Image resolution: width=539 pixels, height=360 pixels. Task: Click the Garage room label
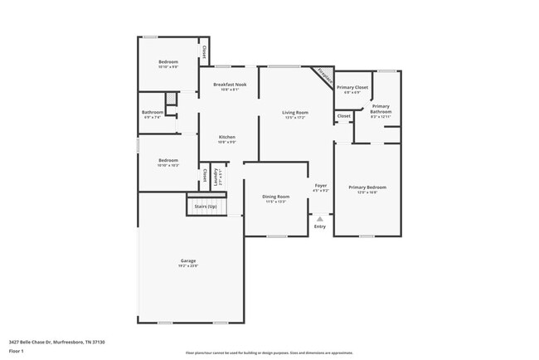coord(189,260)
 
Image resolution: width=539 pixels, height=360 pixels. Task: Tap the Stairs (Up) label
coord(206,205)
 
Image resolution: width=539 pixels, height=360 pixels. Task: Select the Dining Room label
coord(275,196)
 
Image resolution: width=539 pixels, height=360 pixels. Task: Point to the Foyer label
coord(320,185)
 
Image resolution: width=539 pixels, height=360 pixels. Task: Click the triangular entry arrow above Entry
coord(320,218)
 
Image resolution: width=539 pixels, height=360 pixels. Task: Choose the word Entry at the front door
coord(320,226)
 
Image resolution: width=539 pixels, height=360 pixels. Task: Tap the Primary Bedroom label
coord(367,187)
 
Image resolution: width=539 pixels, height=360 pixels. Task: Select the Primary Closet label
coord(352,87)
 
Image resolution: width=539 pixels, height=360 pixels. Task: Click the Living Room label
coord(295,112)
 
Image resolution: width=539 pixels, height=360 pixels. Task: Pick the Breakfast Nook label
coord(230,85)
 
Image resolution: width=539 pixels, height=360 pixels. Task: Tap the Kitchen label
coord(227,137)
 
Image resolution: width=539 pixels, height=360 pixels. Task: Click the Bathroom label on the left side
coord(153,112)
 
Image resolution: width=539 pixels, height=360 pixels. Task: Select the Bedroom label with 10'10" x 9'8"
coord(168,62)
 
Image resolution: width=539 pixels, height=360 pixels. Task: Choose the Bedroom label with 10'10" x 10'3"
coord(168,160)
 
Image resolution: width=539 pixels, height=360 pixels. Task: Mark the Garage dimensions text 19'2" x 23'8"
coord(189,266)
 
